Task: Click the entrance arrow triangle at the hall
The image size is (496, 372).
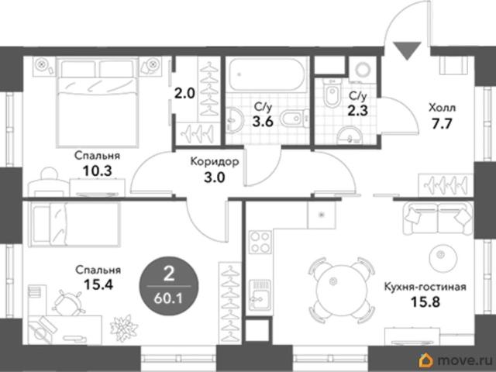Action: coord(408,49)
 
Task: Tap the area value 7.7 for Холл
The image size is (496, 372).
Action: coord(442,124)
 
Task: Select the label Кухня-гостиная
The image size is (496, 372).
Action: coord(425,287)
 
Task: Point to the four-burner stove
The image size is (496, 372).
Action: coord(260,242)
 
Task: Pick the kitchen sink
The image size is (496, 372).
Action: coord(260,295)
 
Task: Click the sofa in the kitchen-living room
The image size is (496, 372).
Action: coord(438,219)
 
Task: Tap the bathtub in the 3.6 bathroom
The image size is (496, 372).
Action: coord(267,74)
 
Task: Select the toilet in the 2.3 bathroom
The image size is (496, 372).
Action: coord(332,92)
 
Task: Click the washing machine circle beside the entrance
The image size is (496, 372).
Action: coord(363,69)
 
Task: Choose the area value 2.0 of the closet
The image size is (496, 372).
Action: coord(184,93)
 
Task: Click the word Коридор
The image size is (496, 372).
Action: coord(215,162)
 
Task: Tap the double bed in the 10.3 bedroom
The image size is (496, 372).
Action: coord(98,102)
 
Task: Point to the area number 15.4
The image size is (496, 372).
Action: coord(98,284)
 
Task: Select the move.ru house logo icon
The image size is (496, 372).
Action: coord(426,360)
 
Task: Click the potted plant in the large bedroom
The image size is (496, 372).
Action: coord(124,328)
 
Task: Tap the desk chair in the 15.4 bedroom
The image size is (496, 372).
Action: coord(68,302)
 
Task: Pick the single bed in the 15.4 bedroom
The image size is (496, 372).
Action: coord(74,224)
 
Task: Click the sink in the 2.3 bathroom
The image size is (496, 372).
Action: coord(350,135)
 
